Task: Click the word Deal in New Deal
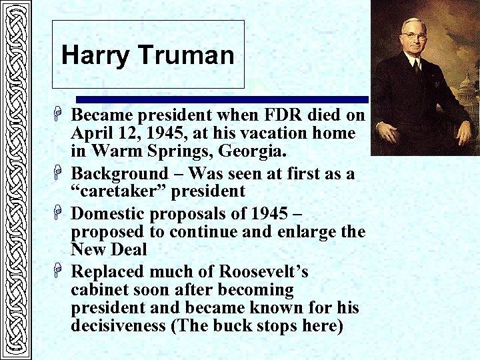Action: (x=129, y=249)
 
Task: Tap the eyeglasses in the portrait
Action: (x=413, y=35)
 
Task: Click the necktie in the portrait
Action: (x=417, y=67)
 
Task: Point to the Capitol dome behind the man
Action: (x=467, y=83)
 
